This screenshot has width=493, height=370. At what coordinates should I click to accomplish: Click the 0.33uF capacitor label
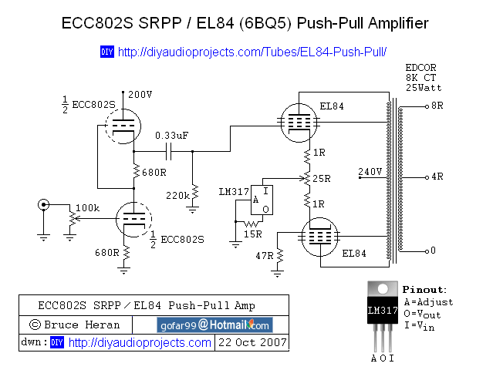[x=172, y=135]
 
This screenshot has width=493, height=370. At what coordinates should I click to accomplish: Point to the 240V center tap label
[x=370, y=171]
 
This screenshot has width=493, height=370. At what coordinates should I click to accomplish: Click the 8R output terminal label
[x=437, y=105]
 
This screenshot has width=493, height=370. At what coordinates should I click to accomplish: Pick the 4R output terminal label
[x=437, y=177]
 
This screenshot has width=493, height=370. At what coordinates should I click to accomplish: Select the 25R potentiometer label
[x=322, y=178]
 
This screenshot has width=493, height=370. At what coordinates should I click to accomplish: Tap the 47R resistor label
[x=264, y=255]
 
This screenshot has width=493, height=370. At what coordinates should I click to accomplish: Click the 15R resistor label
[x=252, y=234]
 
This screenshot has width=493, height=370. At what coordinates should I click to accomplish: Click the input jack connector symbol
[x=44, y=205]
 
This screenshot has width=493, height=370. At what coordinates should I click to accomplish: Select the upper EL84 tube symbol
[x=299, y=119]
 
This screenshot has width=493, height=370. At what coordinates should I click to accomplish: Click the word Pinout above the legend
[x=424, y=290]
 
